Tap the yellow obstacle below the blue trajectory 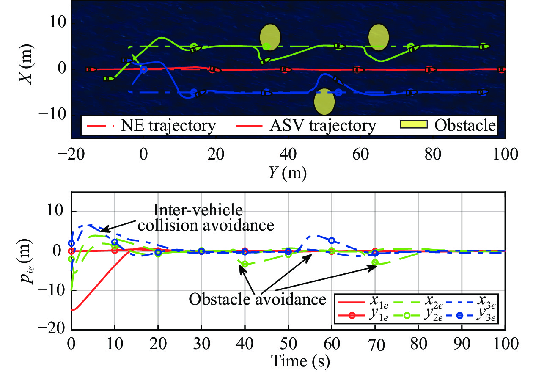324,102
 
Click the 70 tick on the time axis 375,347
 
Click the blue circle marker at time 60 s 332,241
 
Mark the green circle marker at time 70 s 375,263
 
